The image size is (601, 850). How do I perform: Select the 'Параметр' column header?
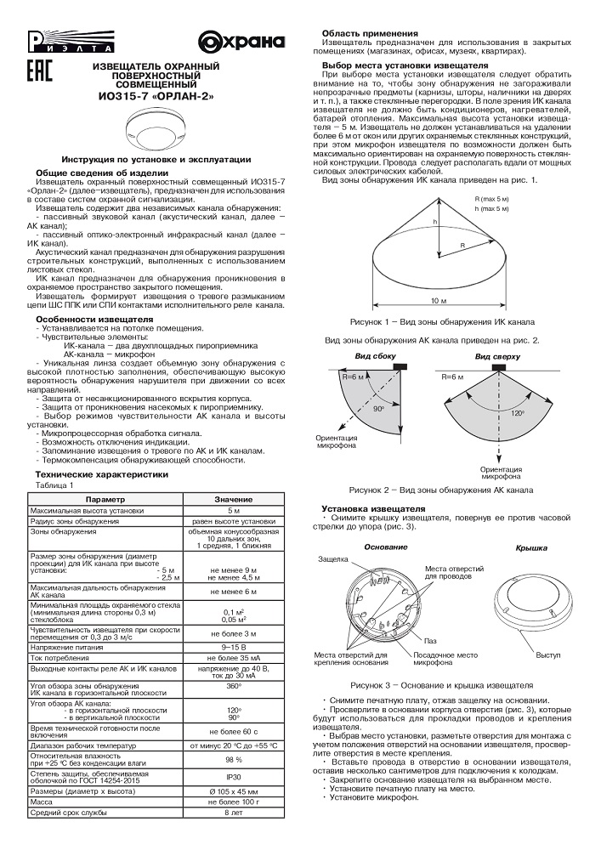coord(105,499)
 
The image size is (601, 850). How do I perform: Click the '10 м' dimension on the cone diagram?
coord(437,302)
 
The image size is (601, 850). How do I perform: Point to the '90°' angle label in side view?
coord(377,410)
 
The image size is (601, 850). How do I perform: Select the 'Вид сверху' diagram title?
coord(494,355)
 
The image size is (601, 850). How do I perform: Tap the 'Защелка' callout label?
coord(332,561)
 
